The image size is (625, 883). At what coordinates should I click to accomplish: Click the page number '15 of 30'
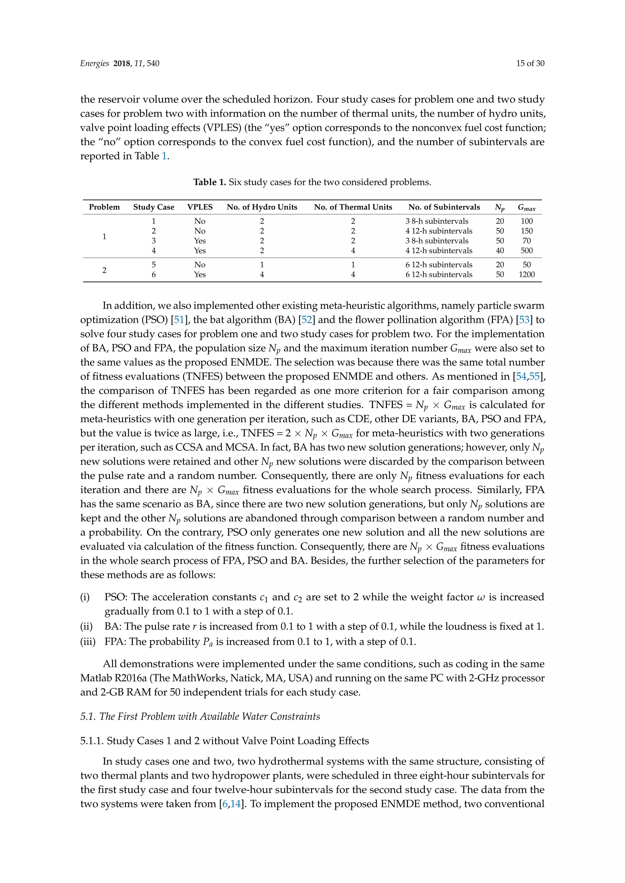[x=530, y=63]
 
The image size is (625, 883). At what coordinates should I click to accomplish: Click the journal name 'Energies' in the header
[x=94, y=63]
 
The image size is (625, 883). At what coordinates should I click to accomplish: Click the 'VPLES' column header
[x=200, y=207]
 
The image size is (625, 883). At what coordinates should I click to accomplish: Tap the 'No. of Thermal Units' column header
[x=353, y=207]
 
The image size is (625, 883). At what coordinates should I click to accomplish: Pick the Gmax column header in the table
[x=526, y=208]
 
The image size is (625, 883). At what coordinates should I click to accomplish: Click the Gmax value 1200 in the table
[x=526, y=275]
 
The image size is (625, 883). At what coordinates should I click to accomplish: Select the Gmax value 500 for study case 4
[x=526, y=251]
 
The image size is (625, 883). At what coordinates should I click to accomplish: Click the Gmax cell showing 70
[x=526, y=241]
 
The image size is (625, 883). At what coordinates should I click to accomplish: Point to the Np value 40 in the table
[x=500, y=251]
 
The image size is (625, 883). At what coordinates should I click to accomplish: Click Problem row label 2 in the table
[x=104, y=270]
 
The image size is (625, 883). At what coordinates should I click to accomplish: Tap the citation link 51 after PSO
[x=179, y=320]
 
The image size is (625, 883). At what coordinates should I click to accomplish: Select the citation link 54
[x=521, y=377]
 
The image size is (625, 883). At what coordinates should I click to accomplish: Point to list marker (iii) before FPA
[x=88, y=642]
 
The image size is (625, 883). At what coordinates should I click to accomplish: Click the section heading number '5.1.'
[x=88, y=717]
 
